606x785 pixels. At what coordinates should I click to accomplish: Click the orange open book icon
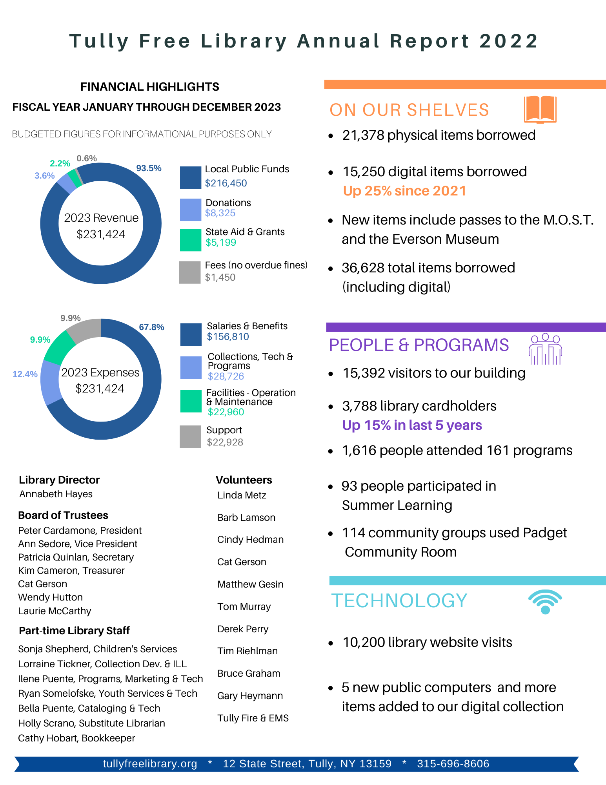pos(540,109)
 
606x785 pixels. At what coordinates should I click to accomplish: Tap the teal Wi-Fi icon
pos(545,602)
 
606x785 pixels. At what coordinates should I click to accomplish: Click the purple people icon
pos(545,349)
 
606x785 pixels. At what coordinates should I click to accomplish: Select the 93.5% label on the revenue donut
pos(149,168)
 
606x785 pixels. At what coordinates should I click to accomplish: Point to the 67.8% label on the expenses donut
pos(151,327)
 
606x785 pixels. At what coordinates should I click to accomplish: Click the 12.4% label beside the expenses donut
pos(25,374)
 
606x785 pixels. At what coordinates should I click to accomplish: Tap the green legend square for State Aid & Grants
pos(190,240)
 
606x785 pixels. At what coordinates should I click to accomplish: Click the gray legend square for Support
pos(190,436)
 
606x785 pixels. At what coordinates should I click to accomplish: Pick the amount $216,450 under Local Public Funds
pos(226,183)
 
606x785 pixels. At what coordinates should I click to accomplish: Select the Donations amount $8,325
pos(220,213)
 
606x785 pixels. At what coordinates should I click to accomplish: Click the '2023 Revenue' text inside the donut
pos(101,218)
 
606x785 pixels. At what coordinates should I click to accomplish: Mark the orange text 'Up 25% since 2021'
pos(404,191)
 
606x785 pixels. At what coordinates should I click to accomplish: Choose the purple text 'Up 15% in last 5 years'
pos(412,425)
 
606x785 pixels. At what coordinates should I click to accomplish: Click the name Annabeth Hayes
pos(56,494)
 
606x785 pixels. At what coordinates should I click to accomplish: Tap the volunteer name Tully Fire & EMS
pos(253,718)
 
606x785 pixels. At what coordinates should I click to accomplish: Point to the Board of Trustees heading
pos(63,515)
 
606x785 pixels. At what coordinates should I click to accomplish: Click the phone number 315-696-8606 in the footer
pos(453,764)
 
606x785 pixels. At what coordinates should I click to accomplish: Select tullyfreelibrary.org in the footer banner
pos(150,764)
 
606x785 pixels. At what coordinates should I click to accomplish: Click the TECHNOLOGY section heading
pos(399,601)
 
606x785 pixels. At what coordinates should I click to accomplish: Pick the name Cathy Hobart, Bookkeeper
pos(76,738)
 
